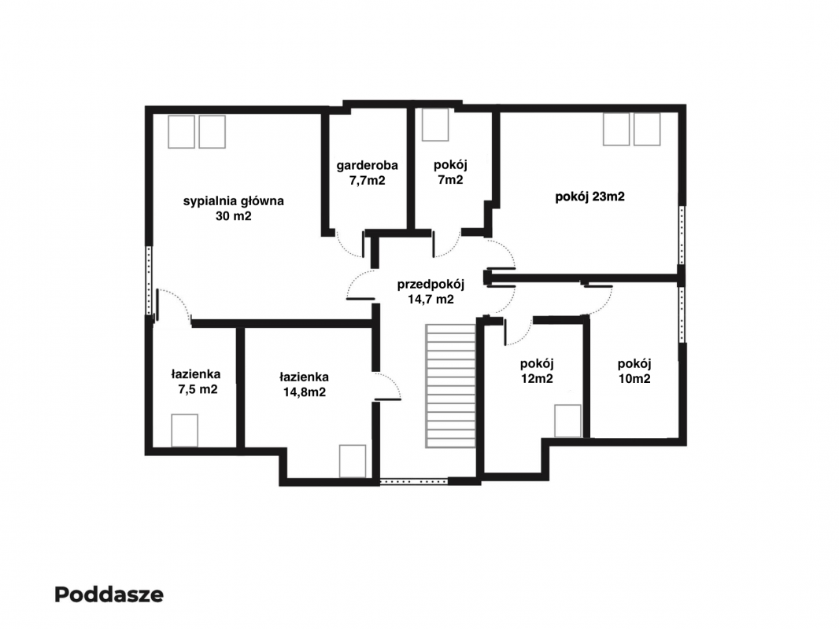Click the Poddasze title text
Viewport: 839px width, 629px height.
[109, 594]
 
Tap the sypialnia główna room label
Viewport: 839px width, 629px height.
[233, 208]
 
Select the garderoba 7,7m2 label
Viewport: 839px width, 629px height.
[367, 173]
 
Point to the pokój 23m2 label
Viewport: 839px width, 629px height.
[590, 197]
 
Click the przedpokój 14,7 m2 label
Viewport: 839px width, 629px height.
[431, 292]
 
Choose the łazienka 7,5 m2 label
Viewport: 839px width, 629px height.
[197, 381]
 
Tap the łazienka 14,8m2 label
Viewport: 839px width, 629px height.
[304, 384]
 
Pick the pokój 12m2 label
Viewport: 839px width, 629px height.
[537, 371]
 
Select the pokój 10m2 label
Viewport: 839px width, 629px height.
[634, 371]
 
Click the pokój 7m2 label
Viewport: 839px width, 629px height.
[450, 172]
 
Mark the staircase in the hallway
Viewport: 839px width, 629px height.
[450, 385]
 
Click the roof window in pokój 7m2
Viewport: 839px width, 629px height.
[435, 124]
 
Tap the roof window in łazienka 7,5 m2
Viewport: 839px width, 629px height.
[185, 430]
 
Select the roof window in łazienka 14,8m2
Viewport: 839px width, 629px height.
[353, 461]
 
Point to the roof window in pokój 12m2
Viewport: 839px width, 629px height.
[567, 421]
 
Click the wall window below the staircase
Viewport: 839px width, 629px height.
[414, 481]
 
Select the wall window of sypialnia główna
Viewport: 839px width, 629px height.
[150, 281]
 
